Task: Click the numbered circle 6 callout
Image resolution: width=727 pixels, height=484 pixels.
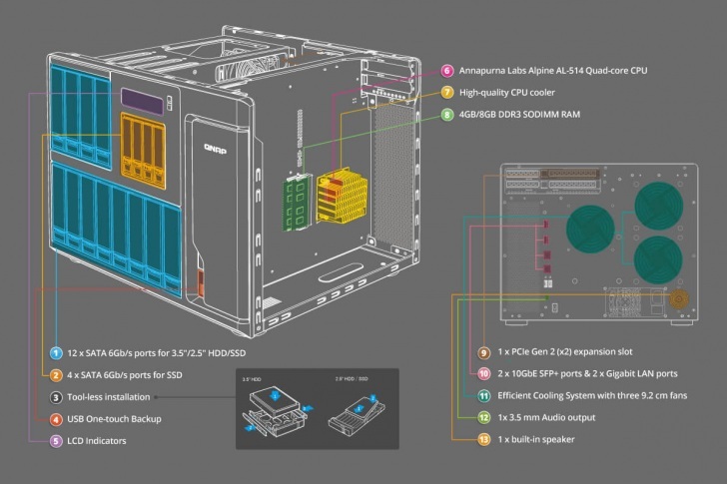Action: click(x=448, y=72)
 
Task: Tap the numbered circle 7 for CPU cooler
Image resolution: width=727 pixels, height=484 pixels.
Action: click(x=448, y=93)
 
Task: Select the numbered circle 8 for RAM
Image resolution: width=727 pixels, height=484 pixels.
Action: click(x=448, y=115)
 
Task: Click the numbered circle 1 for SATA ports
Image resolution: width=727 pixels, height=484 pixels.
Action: click(x=57, y=353)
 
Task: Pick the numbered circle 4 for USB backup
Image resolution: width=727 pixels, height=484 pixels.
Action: click(x=57, y=419)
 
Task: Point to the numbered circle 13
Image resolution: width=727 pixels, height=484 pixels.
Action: click(x=483, y=439)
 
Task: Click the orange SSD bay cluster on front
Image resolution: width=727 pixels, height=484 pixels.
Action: click(x=141, y=144)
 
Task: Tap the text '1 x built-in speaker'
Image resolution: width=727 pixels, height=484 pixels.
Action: click(x=544, y=439)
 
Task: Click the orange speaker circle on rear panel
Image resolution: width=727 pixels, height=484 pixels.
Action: click(x=679, y=298)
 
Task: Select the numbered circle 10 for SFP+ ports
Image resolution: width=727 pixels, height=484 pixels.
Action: click(x=483, y=374)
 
